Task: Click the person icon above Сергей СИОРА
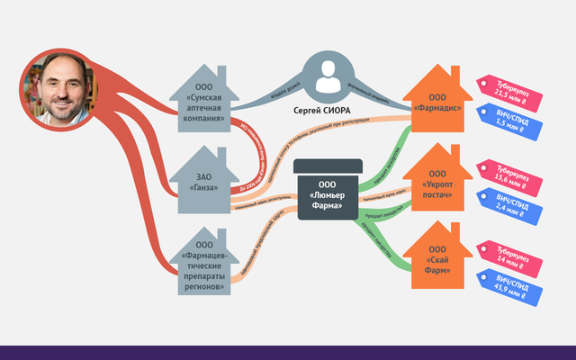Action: [x=329, y=79]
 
